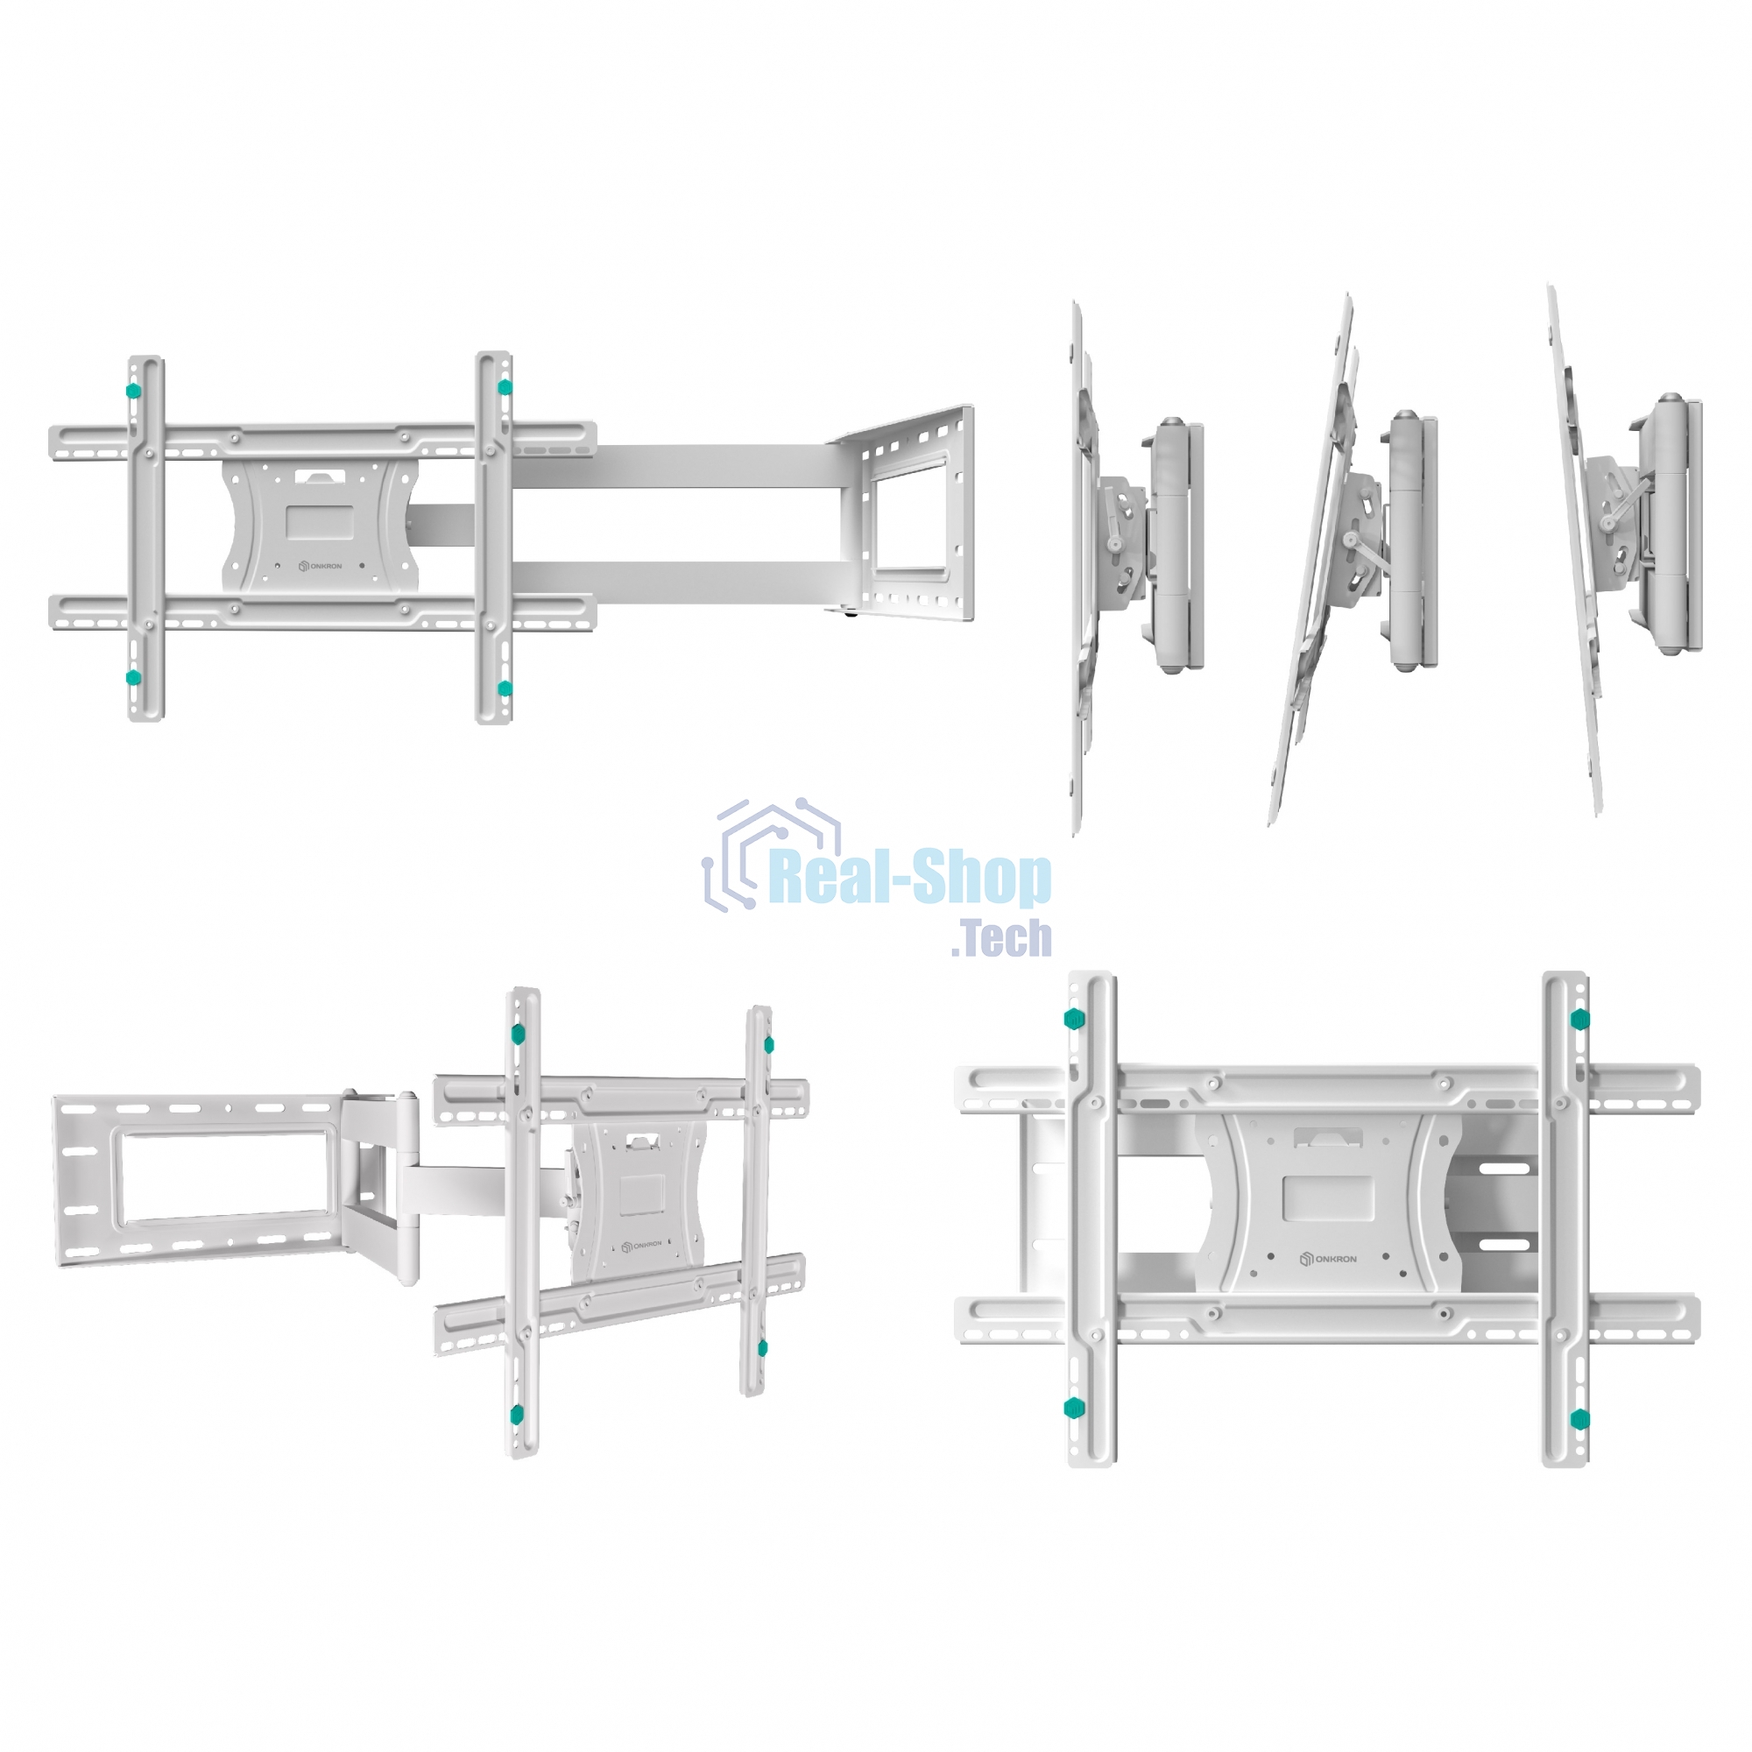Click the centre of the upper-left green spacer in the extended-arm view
click(134, 391)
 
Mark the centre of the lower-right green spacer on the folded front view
click(1579, 1417)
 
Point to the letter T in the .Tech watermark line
click(976, 937)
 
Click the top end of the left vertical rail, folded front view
click(1091, 975)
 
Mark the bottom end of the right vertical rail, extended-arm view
click(494, 720)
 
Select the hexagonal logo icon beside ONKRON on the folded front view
click(1307, 1260)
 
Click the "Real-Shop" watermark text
click(909, 879)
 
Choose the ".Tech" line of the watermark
click(1002, 937)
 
